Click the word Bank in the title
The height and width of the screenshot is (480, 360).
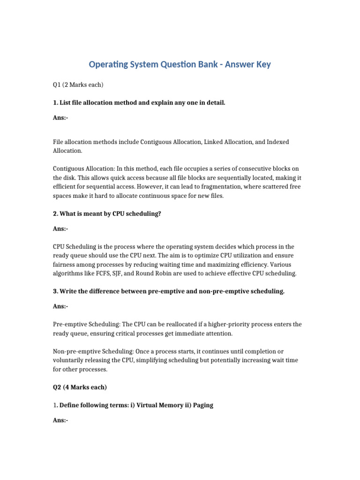203,64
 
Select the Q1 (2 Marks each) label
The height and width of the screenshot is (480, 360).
78,85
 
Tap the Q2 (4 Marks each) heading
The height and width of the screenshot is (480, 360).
80,387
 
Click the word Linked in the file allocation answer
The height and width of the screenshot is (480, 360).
215,142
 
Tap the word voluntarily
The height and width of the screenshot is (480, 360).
69,360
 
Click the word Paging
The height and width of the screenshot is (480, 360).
202,405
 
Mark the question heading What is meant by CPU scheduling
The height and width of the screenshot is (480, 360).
107,213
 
